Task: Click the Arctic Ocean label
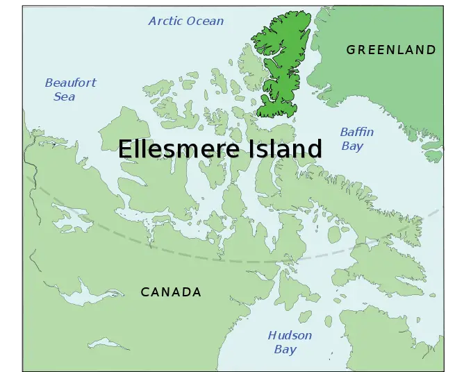coord(186,21)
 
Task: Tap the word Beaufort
coord(71,83)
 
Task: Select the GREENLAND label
coord(391,50)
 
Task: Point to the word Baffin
coord(357,132)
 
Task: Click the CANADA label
coord(171,292)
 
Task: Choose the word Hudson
coord(290,336)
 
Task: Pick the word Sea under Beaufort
coord(65,96)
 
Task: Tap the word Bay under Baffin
coord(352,146)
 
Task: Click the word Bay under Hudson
coord(285,350)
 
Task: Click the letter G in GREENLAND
coord(351,50)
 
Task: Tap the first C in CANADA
coord(145,292)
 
